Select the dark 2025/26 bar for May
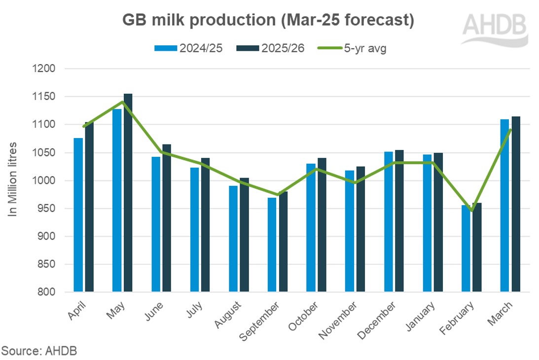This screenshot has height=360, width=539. (x=128, y=192)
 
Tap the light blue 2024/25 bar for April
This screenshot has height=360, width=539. (x=78, y=215)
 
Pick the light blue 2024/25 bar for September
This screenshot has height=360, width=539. (x=272, y=245)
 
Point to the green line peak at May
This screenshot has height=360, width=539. (x=122, y=102)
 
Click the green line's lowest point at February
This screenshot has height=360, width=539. (x=471, y=211)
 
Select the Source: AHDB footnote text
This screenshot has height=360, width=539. (x=39, y=351)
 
